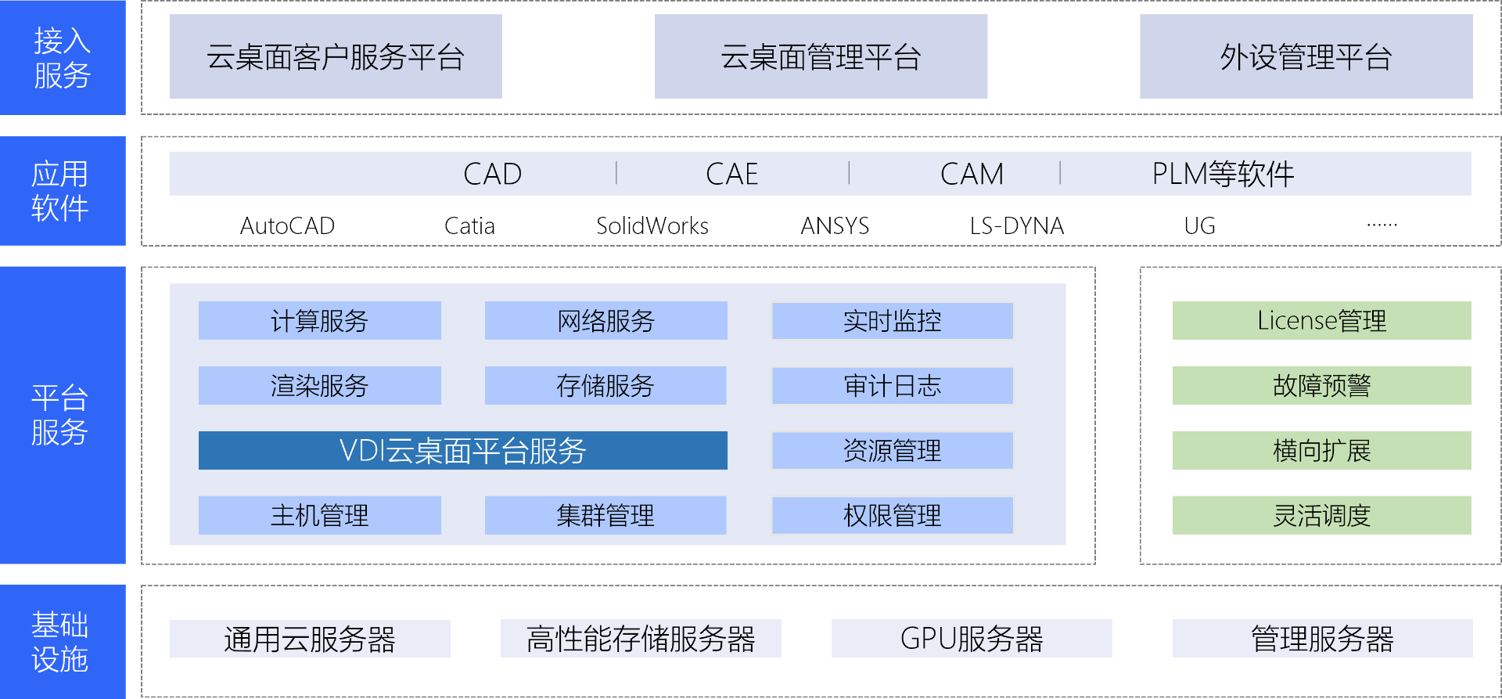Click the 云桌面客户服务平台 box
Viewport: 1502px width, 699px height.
tap(335, 56)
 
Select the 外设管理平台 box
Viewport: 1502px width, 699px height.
tap(1306, 56)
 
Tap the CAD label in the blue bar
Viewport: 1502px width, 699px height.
tap(492, 174)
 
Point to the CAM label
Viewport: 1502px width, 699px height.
tap(972, 174)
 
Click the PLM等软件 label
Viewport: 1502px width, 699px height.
tap(1223, 174)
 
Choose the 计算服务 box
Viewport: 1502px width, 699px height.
tap(319, 320)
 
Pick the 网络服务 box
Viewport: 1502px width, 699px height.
tap(605, 320)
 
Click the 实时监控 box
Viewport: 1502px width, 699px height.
tap(892, 321)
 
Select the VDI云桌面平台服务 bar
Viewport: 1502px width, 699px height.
tap(462, 450)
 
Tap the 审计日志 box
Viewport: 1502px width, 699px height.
tap(892, 386)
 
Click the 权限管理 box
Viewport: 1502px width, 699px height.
tap(892, 515)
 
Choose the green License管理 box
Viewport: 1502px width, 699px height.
tap(1321, 320)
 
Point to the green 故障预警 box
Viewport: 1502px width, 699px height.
tap(1321, 385)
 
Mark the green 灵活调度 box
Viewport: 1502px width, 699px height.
tap(1321, 515)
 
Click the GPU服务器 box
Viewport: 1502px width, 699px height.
tap(971, 638)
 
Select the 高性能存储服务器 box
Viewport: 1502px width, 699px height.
tap(640, 638)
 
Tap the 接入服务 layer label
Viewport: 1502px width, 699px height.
tap(63, 57)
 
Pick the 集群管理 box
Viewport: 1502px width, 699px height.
tap(605, 515)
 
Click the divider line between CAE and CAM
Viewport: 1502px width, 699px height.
tap(849, 173)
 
